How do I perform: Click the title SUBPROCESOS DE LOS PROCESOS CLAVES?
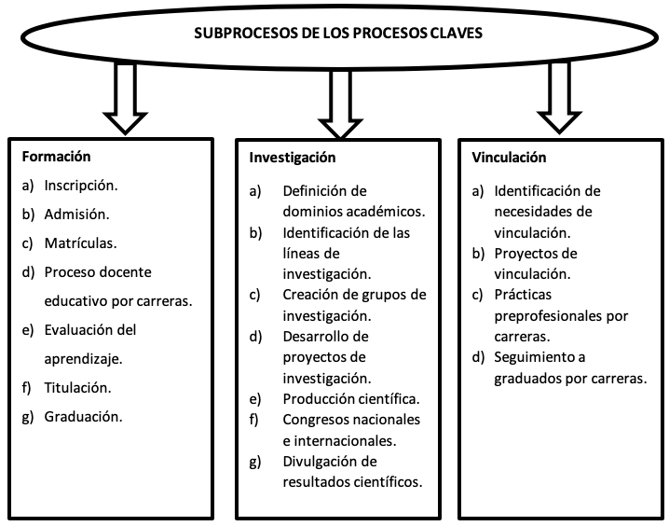tap(338, 34)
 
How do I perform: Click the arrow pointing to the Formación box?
tap(125, 99)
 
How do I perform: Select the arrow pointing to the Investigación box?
tap(340, 104)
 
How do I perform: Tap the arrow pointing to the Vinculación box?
tap(559, 98)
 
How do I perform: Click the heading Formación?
tap(56, 157)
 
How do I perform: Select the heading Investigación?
tap(293, 158)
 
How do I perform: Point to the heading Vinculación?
tap(509, 158)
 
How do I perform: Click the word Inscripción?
tap(81, 187)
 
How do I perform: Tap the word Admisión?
tap(76, 215)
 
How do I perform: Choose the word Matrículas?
tap(81, 243)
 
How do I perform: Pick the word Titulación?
tap(77, 388)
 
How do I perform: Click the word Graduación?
tap(83, 417)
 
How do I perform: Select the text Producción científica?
tap(351, 399)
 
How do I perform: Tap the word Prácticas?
tap(523, 295)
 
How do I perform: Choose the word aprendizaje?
tap(83, 359)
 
